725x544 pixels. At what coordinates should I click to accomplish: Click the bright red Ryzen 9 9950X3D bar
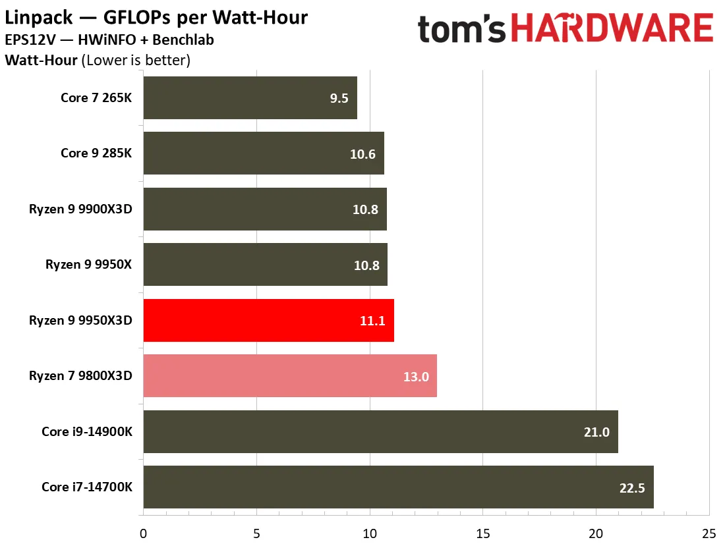click(x=269, y=320)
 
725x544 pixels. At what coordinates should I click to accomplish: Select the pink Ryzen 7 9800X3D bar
click(x=290, y=376)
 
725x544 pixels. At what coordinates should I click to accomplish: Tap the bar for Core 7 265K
click(x=250, y=97)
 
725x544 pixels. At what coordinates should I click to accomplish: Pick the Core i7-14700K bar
click(x=399, y=487)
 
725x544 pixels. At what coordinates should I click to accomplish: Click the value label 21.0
click(x=596, y=432)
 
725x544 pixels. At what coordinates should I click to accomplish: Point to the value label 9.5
click(x=339, y=98)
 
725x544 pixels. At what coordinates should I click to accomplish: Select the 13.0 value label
click(x=416, y=377)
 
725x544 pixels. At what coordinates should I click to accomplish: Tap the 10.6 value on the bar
click(x=362, y=154)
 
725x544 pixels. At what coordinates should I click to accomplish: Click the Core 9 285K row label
click(x=96, y=153)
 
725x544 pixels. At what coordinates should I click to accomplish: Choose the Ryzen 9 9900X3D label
click(x=80, y=209)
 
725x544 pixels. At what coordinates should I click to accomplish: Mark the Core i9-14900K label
click(x=87, y=431)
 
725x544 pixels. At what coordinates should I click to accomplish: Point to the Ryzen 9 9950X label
click(x=88, y=264)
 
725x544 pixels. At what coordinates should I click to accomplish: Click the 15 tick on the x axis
click(x=482, y=534)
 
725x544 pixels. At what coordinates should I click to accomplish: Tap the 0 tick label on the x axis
click(x=143, y=534)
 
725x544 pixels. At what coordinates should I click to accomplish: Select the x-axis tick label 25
click(x=709, y=534)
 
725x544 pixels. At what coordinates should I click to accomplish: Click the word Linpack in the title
click(x=38, y=18)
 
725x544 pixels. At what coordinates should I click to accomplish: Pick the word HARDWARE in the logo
click(x=612, y=28)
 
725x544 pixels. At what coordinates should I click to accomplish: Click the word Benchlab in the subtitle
click(x=183, y=40)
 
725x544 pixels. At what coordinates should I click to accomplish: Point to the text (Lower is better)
click(x=136, y=60)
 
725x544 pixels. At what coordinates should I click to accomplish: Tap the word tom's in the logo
click(x=461, y=29)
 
